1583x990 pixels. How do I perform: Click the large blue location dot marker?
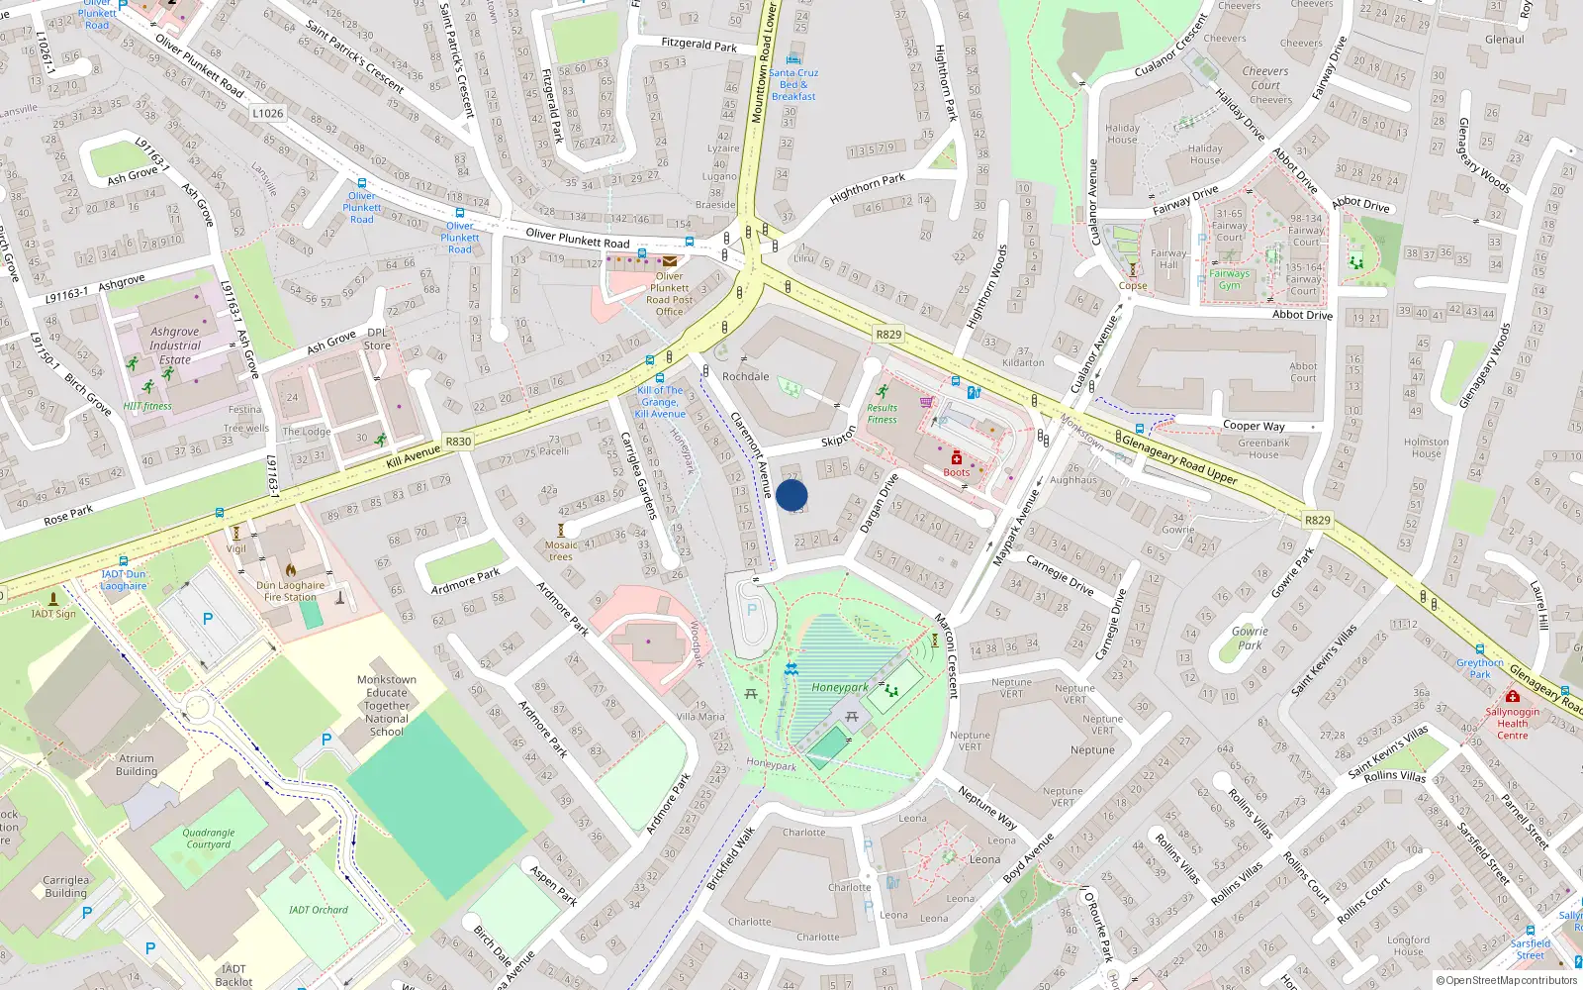[x=791, y=495]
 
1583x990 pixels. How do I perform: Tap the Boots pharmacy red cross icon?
[x=957, y=458]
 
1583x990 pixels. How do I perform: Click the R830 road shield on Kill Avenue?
[x=458, y=442]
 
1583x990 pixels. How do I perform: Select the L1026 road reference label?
[x=267, y=113]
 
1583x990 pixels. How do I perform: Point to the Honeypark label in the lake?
[x=839, y=687]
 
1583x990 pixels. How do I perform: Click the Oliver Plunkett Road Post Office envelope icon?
[x=670, y=261]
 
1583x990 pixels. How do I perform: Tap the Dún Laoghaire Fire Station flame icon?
[x=291, y=569]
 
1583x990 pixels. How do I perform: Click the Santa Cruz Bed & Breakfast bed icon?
[x=793, y=59]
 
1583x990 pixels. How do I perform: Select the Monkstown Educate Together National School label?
[x=387, y=705]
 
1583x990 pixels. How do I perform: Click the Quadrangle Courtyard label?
[x=209, y=839]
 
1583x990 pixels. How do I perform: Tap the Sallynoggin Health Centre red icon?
[x=1512, y=697]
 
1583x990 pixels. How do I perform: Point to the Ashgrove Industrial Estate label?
[x=175, y=346]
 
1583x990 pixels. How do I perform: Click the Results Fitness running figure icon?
[x=882, y=392]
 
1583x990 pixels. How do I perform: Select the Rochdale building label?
[x=745, y=376]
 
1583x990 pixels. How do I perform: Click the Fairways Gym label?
[x=1229, y=279]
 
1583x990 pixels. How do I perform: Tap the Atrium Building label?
[x=137, y=765]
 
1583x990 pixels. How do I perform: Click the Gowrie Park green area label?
[x=1250, y=638]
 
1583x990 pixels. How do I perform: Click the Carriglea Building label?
[x=65, y=886]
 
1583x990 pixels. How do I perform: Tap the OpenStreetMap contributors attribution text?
[x=1507, y=980]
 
